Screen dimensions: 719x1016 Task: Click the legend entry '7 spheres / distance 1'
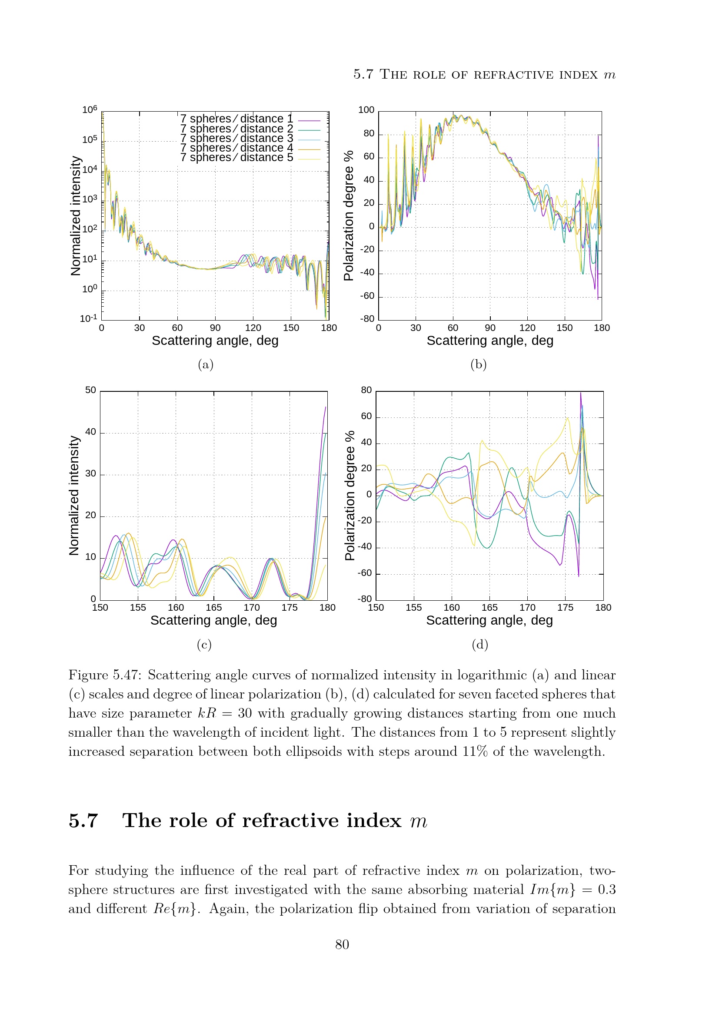236,119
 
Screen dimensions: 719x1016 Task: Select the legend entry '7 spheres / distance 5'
236,158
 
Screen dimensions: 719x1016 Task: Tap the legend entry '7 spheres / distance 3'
236,138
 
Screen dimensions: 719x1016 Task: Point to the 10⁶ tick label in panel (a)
90,109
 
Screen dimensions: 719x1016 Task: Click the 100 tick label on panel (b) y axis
366,110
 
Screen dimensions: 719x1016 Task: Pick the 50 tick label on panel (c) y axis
90,390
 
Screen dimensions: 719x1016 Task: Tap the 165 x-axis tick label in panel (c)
214,608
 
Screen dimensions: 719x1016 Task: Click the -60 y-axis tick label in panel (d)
365,573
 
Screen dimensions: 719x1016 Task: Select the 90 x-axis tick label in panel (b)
490,328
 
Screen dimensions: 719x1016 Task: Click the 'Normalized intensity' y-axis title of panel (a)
76,216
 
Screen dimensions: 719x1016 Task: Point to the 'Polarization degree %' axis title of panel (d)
350,496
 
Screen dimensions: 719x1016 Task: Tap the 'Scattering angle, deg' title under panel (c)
214,620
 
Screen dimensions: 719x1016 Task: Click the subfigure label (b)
479,364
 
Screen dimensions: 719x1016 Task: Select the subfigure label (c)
204,644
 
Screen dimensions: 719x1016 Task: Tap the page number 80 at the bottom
342,944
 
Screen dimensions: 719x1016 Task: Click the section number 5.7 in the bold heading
83,821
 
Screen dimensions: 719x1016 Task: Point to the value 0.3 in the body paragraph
606,890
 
